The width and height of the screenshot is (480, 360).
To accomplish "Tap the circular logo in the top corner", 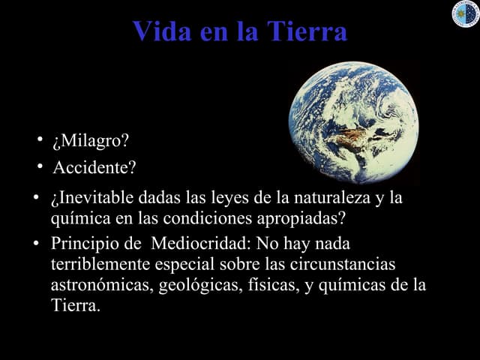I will point(465,13).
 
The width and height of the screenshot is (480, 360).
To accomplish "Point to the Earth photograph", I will point(354,122).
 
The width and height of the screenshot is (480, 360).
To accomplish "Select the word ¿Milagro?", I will point(90,140).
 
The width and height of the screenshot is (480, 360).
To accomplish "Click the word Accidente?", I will point(94,166).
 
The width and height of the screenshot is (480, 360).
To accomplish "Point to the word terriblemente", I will point(101,265).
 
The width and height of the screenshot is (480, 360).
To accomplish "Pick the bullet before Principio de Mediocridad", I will point(36,244).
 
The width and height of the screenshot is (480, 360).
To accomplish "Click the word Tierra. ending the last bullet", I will point(74,305).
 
